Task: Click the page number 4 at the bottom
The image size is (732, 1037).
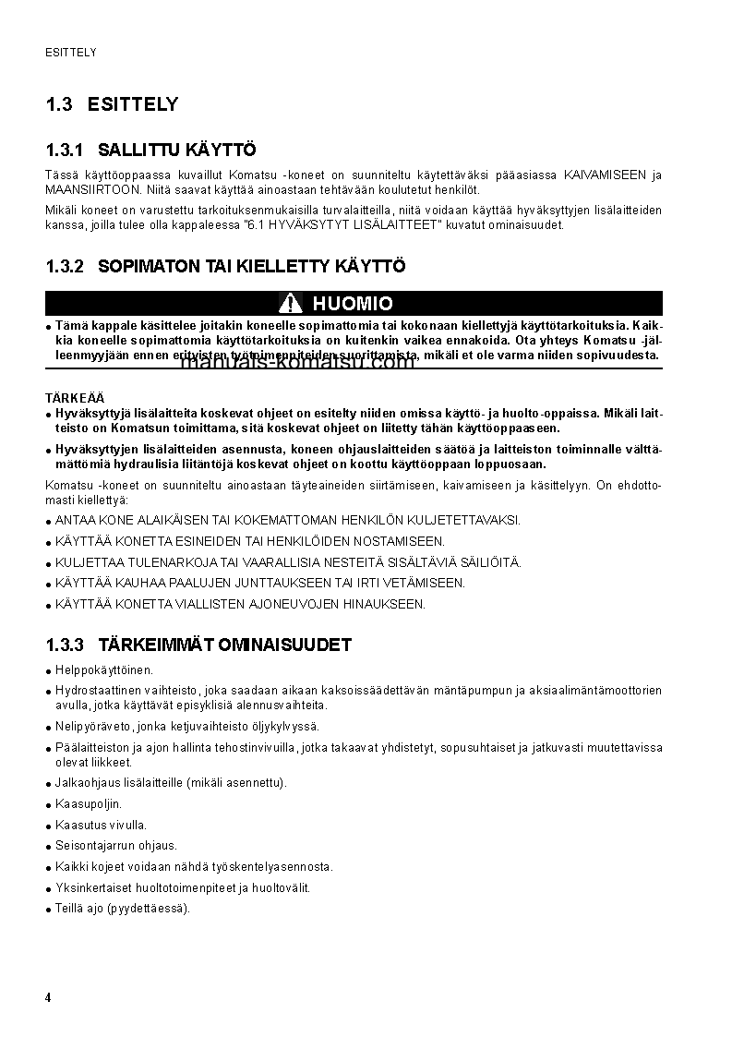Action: pyautogui.click(x=48, y=998)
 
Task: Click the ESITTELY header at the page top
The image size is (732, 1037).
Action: pyautogui.click(x=71, y=53)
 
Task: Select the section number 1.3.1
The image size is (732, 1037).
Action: pyautogui.click(x=65, y=150)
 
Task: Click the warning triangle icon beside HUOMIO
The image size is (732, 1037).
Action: pyautogui.click(x=292, y=304)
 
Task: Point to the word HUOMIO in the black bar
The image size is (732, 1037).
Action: pyautogui.click(x=353, y=304)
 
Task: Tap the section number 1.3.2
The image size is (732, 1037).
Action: pyautogui.click(x=65, y=267)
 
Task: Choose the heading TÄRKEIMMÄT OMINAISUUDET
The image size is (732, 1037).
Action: pyautogui.click(x=224, y=645)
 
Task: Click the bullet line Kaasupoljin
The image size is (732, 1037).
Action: pyautogui.click(x=89, y=804)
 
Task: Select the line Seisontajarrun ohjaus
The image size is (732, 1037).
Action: pyautogui.click(x=116, y=846)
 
